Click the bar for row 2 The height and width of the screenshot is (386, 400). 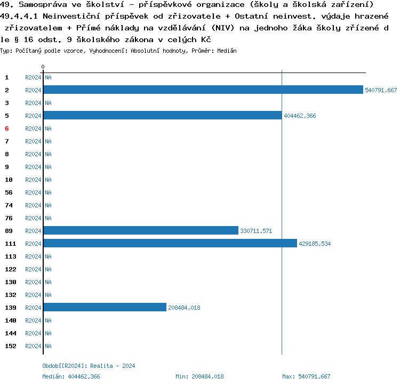203,90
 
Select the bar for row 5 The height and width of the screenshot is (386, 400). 162,115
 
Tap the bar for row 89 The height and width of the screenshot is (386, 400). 141,230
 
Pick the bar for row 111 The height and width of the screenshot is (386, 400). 170,243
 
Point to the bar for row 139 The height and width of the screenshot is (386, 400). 105,307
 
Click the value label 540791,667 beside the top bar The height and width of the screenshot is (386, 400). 381,90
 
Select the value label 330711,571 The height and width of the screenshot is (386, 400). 256,231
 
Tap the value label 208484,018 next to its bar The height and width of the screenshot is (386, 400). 184,308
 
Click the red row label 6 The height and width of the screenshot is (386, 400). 7,128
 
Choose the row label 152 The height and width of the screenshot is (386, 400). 10,346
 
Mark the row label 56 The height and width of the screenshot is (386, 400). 9,192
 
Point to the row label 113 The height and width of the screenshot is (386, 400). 10,256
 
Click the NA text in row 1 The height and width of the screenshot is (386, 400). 48,77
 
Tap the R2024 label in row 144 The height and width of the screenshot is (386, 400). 33,333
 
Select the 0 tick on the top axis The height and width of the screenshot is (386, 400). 43,67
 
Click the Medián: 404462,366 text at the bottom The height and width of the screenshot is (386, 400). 71,376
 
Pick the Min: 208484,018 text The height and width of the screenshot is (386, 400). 199,376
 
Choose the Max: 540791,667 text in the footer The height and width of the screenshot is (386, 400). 306,376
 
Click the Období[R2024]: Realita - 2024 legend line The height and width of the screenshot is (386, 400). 89,366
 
